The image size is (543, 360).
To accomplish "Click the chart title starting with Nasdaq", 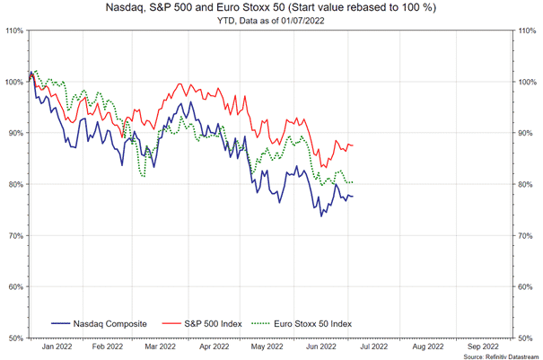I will pyautogui.click(x=271, y=8).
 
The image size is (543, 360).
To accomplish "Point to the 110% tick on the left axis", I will pyautogui.click(x=13, y=31).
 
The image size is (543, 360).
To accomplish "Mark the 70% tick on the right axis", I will pyautogui.click(x=526, y=236).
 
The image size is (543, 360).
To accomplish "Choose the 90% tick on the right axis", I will pyautogui.click(x=526, y=133).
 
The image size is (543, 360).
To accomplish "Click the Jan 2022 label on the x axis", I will pyautogui.click(x=58, y=345).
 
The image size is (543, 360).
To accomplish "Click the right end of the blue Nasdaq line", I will pyautogui.click(x=353, y=197).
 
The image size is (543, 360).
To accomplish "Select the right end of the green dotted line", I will pyautogui.click(x=353, y=183).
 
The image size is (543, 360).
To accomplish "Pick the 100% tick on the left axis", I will pyautogui.click(x=13, y=82).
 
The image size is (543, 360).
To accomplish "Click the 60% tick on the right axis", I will pyautogui.click(x=526, y=287).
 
